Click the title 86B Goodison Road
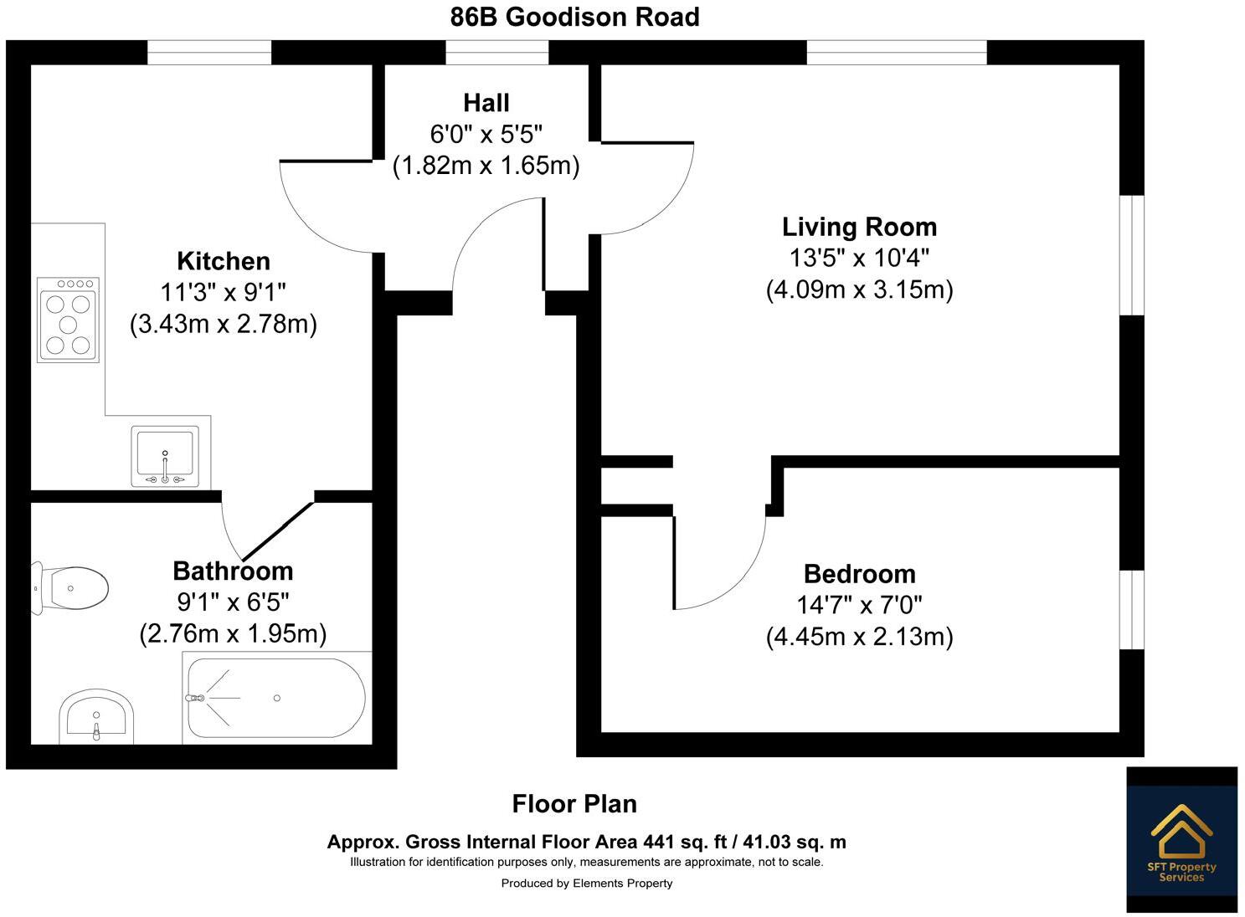point(574,17)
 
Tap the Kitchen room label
point(224,261)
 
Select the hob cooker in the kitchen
point(68,320)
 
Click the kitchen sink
point(165,457)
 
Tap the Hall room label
point(486,103)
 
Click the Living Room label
point(859,227)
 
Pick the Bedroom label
point(859,574)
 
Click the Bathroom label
point(233,571)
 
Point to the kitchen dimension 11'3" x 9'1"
point(224,293)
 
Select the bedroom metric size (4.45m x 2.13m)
point(859,637)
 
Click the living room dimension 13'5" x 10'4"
point(859,258)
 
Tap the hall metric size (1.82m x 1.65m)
point(486,166)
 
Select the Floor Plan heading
point(574,804)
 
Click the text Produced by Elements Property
point(586,884)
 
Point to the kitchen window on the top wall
point(209,52)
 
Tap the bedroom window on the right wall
point(1132,610)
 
